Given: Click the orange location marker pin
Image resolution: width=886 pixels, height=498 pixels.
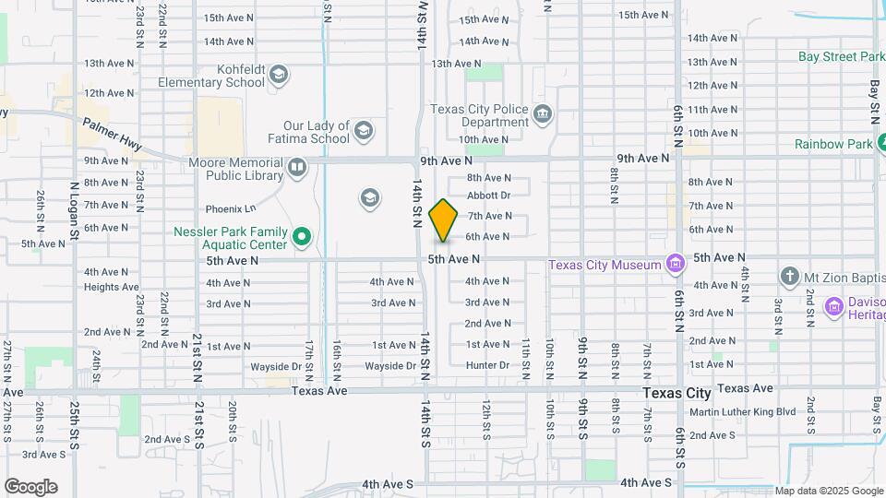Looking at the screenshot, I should (444, 220).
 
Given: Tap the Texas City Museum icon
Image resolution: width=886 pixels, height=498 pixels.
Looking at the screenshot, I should (676, 265).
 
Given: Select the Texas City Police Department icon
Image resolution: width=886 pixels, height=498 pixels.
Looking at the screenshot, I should (543, 114).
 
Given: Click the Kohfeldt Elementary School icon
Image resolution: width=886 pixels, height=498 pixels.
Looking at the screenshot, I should (279, 75).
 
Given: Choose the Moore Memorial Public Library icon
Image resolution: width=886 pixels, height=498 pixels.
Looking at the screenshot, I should (296, 168).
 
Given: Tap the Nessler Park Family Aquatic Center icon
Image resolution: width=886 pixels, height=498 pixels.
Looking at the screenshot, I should (301, 239).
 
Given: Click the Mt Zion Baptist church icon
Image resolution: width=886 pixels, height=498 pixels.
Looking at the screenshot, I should (789, 276).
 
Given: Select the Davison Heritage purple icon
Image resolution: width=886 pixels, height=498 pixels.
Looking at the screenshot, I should (834, 306).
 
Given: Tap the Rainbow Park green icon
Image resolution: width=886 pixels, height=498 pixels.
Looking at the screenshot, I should (883, 144).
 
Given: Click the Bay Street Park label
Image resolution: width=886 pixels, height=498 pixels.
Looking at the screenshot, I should (841, 56).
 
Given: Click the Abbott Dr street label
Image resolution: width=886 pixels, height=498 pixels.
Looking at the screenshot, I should (488, 196).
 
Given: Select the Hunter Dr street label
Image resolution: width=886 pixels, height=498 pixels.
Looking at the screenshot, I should (487, 365).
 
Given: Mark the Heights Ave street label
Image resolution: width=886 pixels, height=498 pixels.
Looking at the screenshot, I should (111, 287).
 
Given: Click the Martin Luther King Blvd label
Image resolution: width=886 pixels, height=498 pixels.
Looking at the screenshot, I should (742, 411).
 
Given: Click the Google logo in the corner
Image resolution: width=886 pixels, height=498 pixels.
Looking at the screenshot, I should (30, 487).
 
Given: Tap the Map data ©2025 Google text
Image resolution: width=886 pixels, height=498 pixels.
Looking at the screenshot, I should (829, 491).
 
